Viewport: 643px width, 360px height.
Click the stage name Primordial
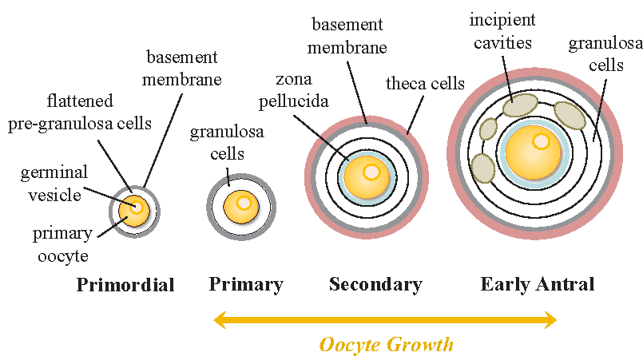point(125,285)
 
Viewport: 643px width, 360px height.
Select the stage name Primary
point(246,285)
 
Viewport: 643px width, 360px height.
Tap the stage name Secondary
point(375,285)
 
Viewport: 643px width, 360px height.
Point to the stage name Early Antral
point(537,285)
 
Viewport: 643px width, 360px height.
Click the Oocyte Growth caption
point(386,345)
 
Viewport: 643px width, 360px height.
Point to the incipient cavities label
point(502,29)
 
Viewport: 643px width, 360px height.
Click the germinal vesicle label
point(55,181)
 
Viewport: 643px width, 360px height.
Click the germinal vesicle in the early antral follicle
point(542,142)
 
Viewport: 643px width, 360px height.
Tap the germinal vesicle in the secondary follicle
point(371,172)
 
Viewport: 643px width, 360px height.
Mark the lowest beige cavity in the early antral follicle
point(482,168)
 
